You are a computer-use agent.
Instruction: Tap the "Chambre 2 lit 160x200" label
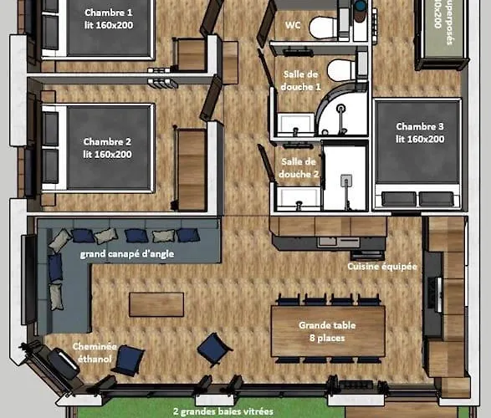click(108, 147)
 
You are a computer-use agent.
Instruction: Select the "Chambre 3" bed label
click(421, 132)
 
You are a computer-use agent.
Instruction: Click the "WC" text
click(293, 25)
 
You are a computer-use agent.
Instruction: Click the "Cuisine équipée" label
click(382, 267)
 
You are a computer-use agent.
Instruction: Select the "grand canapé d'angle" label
click(126, 253)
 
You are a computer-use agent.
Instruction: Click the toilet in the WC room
click(323, 28)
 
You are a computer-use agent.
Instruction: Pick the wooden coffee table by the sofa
click(156, 304)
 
